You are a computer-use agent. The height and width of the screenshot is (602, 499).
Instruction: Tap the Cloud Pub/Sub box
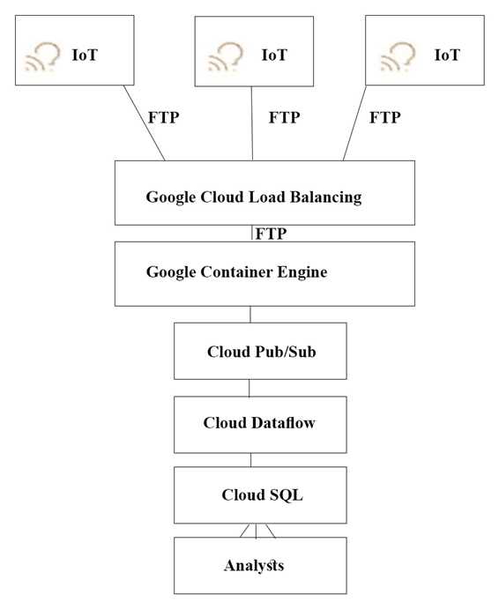(249, 352)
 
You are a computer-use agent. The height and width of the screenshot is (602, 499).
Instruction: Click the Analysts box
(254, 565)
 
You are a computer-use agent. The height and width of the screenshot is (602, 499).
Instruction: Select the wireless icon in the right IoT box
(398, 56)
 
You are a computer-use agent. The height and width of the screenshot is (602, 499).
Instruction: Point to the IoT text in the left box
(85, 55)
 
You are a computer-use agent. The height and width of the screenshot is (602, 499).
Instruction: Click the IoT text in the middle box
(274, 55)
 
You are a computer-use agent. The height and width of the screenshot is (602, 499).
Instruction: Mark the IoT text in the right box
(447, 55)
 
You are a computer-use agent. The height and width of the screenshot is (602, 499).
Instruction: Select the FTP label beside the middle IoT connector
(284, 116)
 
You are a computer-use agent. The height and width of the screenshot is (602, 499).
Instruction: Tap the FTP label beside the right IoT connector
(384, 116)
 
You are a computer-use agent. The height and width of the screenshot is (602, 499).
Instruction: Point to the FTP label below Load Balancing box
(270, 234)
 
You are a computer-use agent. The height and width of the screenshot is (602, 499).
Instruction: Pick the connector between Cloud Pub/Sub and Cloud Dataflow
(249, 388)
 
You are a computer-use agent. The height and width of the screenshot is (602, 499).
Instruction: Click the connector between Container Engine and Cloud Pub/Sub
(250, 314)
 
